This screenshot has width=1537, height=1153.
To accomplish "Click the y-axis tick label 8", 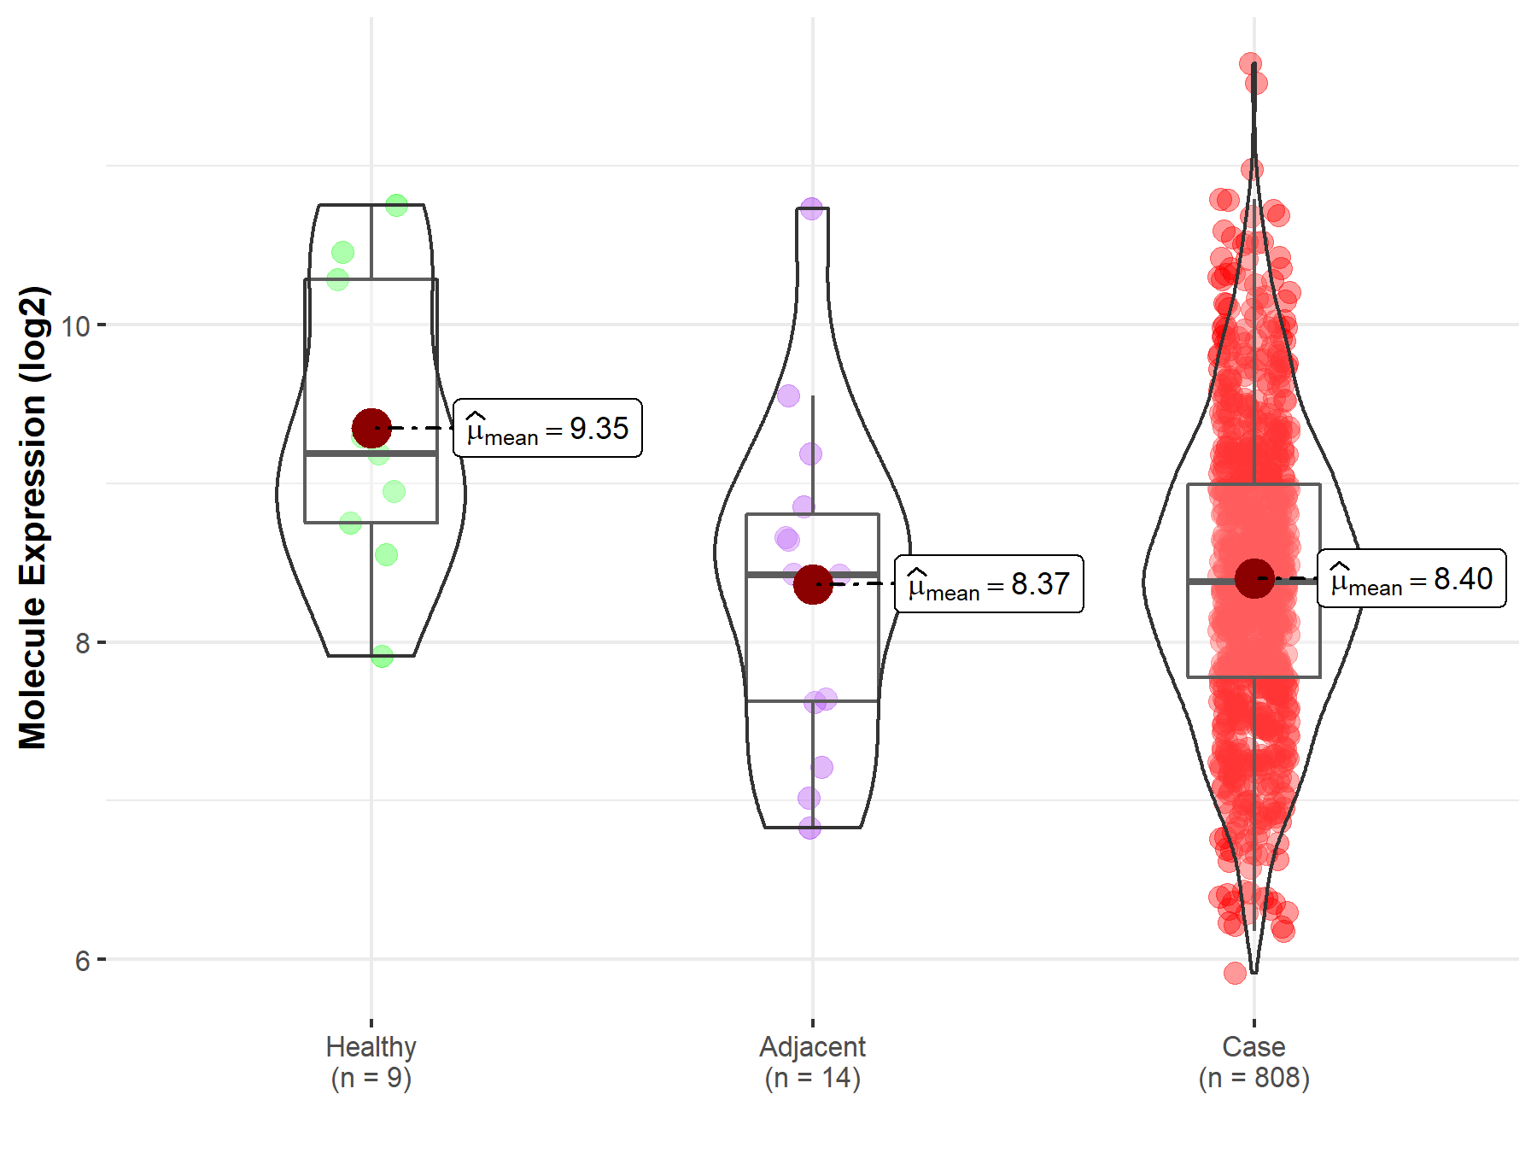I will pos(82,643).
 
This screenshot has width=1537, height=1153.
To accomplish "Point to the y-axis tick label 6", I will pos(82,961).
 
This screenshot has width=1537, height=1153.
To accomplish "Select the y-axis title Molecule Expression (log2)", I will pos(32,518).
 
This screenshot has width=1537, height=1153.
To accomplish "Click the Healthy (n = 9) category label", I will pos(371,1062).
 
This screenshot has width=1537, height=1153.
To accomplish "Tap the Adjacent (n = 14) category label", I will pos(812,1062).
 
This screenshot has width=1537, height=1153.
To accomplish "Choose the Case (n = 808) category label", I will pos(1254,1062).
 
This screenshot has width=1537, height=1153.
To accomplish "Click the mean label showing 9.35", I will pos(547,428).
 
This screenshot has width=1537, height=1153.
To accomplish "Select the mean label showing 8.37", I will pos(989,584).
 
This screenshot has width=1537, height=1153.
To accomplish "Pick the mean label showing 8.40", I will pos(1411,578).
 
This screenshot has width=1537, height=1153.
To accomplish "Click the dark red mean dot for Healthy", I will pos(371,428).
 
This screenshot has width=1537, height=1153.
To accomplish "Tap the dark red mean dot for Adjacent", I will pos(813,584).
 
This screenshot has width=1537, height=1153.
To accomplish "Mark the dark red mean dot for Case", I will pos(1254,579).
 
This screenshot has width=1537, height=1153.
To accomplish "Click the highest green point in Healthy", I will pos(396,205).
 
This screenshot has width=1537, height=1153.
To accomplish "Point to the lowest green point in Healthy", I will pos(382,656).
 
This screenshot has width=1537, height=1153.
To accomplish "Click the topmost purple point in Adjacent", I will pos(811,208).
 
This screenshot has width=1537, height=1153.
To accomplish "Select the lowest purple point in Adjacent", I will pos(809,828).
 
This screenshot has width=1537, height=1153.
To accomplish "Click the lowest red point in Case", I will pos(1235,973).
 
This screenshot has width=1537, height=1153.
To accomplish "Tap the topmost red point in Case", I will pos(1250,64).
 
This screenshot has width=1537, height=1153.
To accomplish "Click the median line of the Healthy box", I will pos(371,454).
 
